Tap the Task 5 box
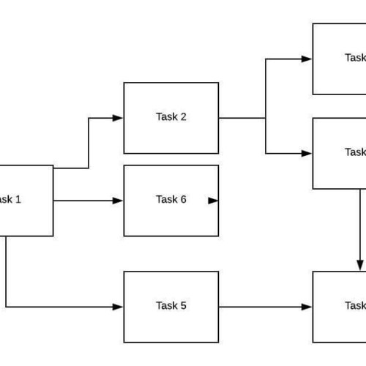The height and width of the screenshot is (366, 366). [171, 322]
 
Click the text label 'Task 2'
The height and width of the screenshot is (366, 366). [171, 117]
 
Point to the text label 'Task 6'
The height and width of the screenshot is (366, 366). [171, 200]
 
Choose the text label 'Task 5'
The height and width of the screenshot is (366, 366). [171, 306]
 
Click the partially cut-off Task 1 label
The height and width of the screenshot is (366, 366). [10, 199]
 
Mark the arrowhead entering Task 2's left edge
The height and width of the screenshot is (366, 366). [119, 118]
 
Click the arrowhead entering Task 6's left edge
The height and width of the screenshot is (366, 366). [119, 201]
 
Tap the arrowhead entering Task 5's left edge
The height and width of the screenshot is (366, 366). [119, 307]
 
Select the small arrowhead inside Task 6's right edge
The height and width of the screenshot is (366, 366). [213, 200]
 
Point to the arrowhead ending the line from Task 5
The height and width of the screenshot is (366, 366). [308, 307]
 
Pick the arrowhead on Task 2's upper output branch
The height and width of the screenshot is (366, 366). [307, 59]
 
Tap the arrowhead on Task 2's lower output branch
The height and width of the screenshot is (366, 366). [307, 153]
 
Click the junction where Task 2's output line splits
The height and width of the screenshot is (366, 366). [266, 118]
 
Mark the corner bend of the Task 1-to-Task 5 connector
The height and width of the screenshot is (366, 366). [6, 307]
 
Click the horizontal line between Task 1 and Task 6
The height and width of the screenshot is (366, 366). [84, 201]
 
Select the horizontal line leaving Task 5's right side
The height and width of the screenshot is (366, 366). [264, 307]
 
